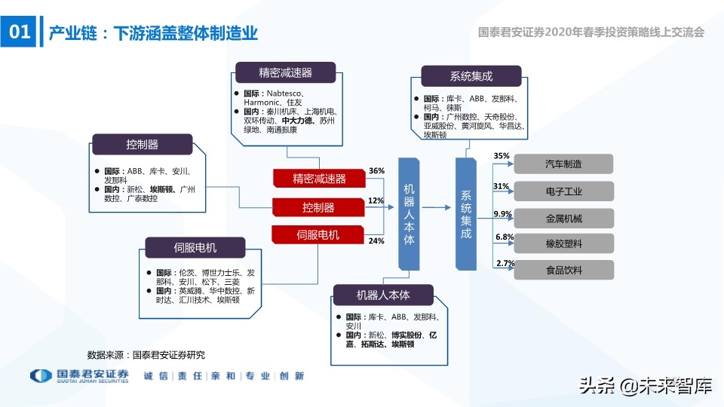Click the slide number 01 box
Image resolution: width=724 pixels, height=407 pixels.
coord(18,32)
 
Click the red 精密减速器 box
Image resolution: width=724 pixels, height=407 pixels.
coord(319,179)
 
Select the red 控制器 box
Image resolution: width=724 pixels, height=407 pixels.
coord(319,207)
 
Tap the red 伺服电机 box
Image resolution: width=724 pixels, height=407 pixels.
coord(319,234)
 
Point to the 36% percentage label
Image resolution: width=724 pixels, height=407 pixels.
coord(376,171)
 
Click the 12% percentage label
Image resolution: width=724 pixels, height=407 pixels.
coord(376,200)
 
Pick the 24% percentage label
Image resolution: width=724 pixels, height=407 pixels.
coord(376,240)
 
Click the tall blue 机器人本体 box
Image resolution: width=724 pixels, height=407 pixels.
coord(409,213)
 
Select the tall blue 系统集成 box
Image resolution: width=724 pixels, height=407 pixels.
coord(465,213)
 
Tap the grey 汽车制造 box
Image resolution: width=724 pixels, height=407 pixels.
coord(563,164)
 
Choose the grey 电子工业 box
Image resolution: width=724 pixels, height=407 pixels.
coord(563,191)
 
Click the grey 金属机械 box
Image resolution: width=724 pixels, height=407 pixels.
coord(563,218)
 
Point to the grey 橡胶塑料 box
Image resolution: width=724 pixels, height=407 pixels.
coord(563,243)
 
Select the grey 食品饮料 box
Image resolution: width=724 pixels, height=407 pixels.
coord(563,270)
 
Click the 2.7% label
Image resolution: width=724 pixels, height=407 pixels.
coord(505,263)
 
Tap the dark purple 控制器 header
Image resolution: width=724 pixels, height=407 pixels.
coord(142,144)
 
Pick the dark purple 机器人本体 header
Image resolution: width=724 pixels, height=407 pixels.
coord(384,294)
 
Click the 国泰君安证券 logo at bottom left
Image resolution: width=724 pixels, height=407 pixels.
coord(79,376)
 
